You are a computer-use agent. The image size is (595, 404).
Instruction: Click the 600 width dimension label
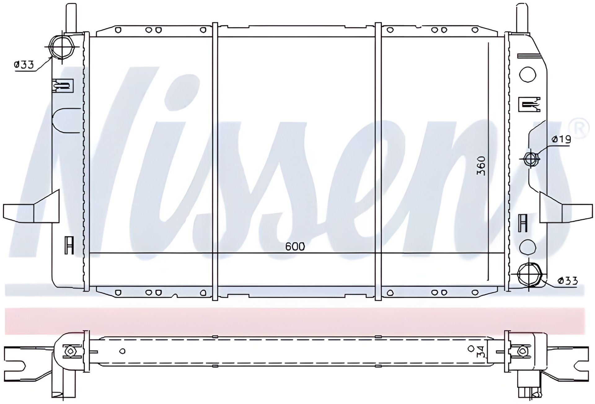tap(295, 247)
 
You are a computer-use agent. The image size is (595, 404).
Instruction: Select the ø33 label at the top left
tap(24, 65)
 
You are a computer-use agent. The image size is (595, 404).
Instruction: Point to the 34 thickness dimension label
tap(480, 352)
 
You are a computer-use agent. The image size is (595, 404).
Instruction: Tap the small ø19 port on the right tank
tap(530, 159)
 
